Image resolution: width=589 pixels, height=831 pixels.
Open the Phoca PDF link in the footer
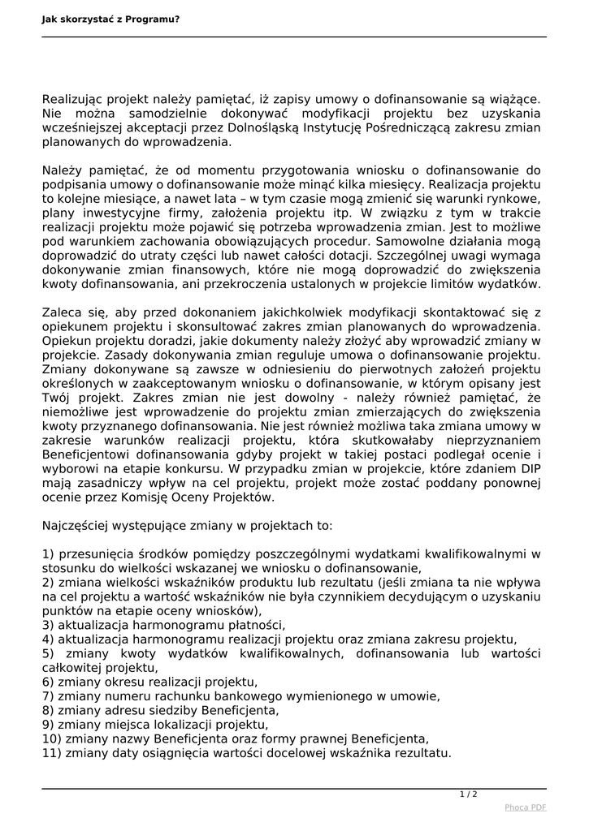[x=526, y=807]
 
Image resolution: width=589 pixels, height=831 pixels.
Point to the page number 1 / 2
[x=469, y=794]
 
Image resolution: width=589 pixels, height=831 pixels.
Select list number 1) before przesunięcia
[x=48, y=553]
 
